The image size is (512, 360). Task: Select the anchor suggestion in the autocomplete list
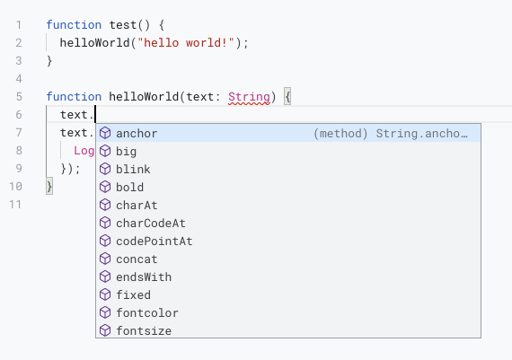tap(137, 134)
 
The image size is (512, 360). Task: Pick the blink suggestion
tap(133, 170)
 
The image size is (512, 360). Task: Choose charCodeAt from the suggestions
tap(151, 224)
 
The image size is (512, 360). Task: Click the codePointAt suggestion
tap(154, 241)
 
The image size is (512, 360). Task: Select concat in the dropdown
tap(137, 259)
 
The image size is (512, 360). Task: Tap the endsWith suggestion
tap(144, 277)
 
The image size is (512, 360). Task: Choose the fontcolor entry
tap(147, 313)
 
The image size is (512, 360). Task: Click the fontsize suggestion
tap(144, 331)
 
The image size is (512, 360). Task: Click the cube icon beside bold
tap(105, 187)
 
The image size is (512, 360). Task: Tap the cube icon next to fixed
tap(105, 294)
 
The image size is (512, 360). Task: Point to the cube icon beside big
tap(105, 151)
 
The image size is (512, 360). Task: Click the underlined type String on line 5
tap(249, 97)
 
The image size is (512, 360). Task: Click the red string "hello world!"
tap(186, 43)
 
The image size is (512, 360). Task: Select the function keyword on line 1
tap(74, 25)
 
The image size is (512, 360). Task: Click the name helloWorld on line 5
tap(144, 97)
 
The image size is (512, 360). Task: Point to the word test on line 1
tap(123, 25)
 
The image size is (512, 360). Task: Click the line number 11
tap(15, 205)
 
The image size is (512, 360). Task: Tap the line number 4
tap(19, 79)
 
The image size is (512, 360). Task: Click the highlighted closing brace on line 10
tap(49, 187)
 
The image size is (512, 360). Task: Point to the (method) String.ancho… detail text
tap(391, 134)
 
